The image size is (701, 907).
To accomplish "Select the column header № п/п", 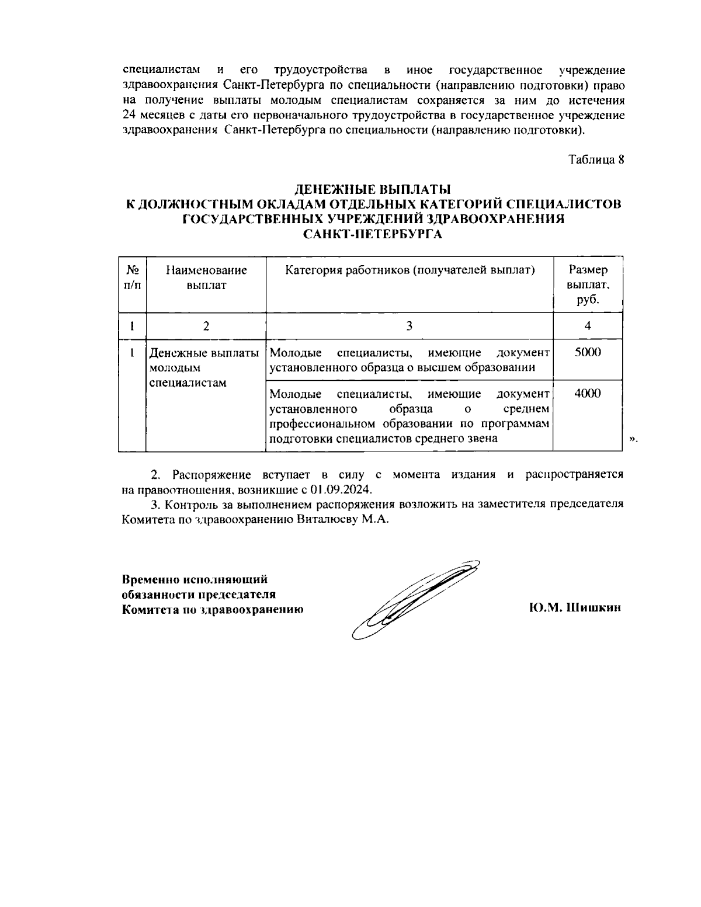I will pyautogui.click(x=132, y=277).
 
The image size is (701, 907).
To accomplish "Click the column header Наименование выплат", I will pyautogui.click(x=206, y=277).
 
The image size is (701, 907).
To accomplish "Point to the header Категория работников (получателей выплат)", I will pyautogui.click(x=410, y=270).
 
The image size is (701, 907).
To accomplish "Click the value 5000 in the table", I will pyautogui.click(x=588, y=353).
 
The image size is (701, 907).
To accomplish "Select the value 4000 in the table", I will pyautogui.click(x=588, y=394).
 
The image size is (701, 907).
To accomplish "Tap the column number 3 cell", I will pyautogui.click(x=410, y=326).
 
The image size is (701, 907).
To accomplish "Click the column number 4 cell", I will pyautogui.click(x=588, y=326).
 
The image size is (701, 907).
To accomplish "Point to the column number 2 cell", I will pyautogui.click(x=206, y=326).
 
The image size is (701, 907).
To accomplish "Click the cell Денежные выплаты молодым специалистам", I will pyautogui.click(x=204, y=368).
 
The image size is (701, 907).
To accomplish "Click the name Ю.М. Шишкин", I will pyautogui.click(x=575, y=608).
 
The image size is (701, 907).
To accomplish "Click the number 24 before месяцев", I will pyautogui.click(x=129, y=115).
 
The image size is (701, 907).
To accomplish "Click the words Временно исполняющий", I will pyautogui.click(x=195, y=579).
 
